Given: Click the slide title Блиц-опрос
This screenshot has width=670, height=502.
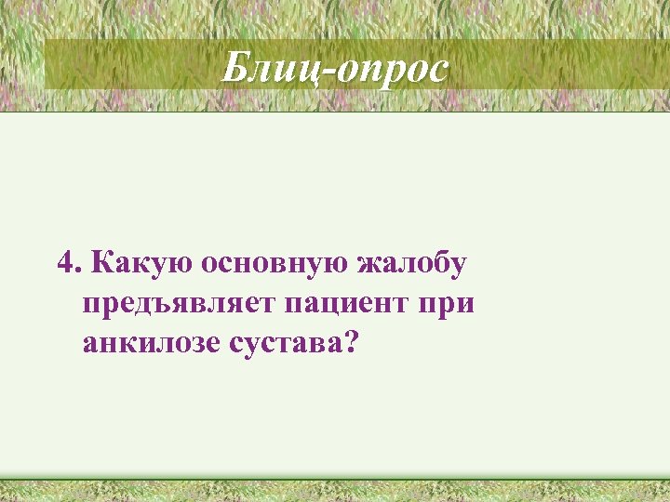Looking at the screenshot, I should click(x=335, y=68).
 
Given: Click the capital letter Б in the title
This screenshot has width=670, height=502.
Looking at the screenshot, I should click(x=236, y=67).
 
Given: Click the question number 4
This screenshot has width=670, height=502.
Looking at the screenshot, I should click(x=64, y=263).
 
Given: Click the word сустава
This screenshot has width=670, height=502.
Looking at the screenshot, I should click(x=284, y=345).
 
